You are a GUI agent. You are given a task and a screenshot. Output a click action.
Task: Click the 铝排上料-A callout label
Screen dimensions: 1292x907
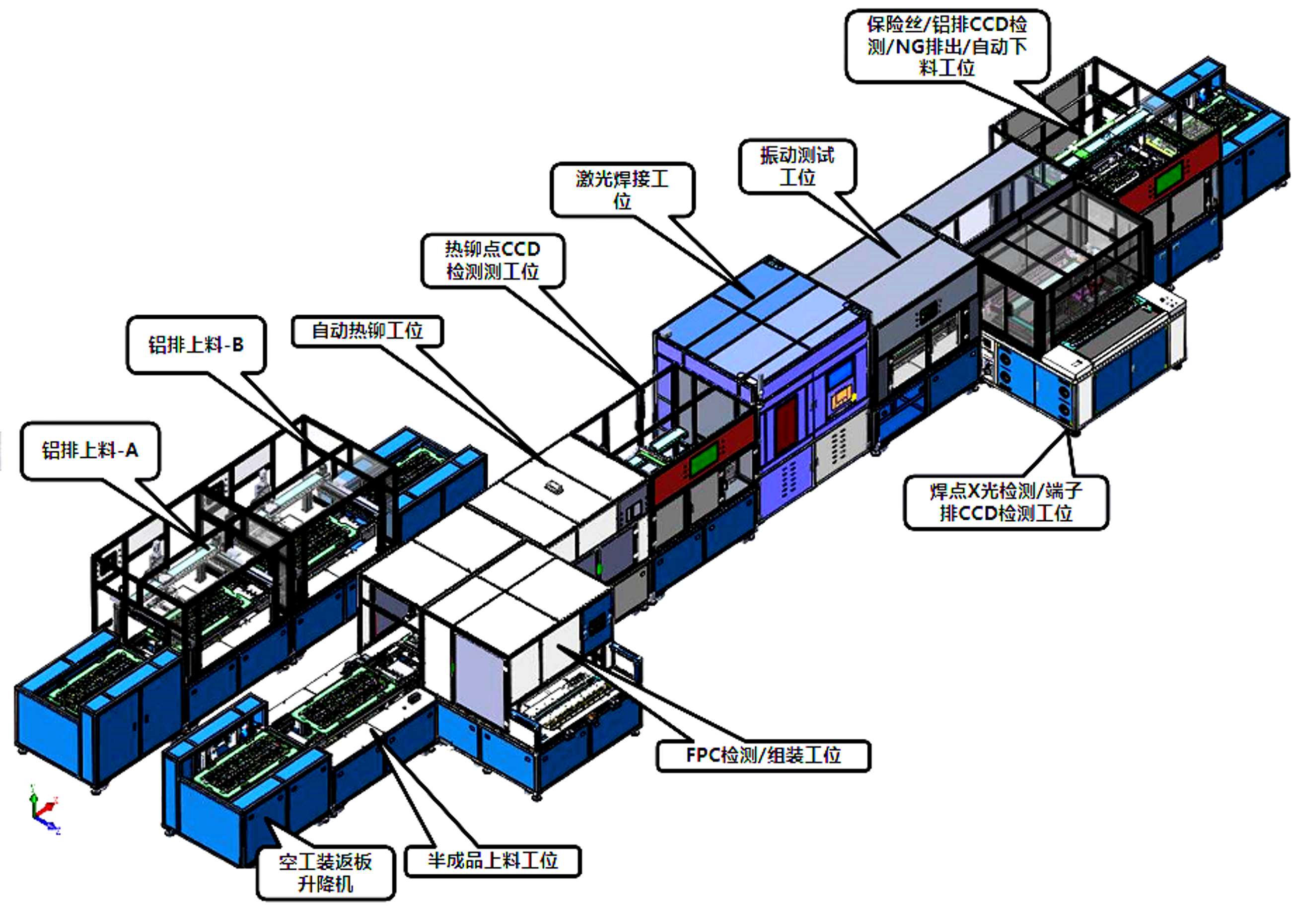coord(90,451)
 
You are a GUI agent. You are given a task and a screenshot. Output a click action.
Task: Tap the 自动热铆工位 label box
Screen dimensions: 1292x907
coord(367,331)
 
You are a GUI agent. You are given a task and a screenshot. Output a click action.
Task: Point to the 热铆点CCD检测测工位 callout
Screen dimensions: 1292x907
coord(493,261)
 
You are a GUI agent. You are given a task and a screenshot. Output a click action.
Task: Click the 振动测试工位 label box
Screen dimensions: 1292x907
coord(797,166)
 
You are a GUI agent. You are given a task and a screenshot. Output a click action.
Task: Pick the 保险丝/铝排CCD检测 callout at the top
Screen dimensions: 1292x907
coord(947,46)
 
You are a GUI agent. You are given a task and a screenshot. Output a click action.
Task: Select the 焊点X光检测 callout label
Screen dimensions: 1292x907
coord(1006,502)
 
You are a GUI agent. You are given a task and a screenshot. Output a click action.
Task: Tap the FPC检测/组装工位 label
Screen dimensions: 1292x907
coord(764,755)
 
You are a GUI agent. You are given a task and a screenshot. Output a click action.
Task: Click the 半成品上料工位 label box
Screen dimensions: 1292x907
coord(493,861)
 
